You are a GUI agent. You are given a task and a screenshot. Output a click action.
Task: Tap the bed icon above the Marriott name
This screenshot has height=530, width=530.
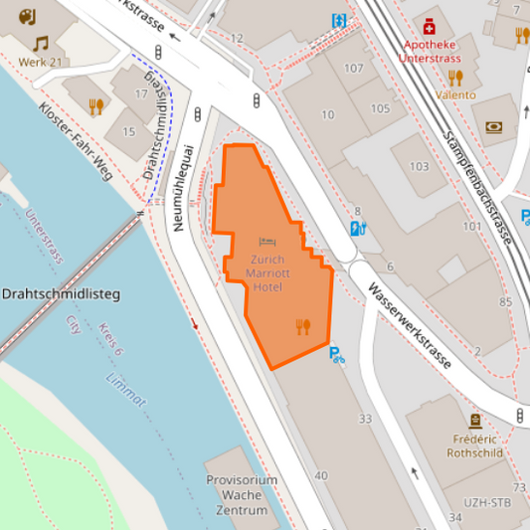tap(266, 242)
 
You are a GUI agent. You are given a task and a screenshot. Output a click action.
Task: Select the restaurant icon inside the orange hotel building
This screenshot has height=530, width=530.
tap(303, 326)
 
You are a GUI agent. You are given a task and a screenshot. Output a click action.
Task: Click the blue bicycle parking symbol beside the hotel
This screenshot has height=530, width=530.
tap(337, 353)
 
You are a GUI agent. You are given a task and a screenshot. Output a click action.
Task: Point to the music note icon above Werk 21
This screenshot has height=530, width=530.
tap(40, 44)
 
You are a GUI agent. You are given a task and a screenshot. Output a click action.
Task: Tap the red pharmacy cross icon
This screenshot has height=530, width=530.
tap(429, 25)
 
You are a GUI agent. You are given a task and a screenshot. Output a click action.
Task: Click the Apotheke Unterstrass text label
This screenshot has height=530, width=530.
tap(431, 52)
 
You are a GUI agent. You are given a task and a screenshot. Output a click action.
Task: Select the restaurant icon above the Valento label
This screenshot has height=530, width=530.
tap(455, 77)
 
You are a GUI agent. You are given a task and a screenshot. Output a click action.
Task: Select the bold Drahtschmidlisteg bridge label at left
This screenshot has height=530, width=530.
tap(61, 295)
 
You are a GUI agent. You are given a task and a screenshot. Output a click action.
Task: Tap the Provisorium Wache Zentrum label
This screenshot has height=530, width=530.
tap(241, 494)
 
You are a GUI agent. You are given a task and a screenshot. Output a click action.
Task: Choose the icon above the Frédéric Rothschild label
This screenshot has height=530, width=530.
tap(474, 421)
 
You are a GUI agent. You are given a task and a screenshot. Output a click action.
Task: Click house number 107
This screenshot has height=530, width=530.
tap(353, 69)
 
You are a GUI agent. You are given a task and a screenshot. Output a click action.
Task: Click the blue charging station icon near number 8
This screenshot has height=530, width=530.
tap(358, 229)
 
